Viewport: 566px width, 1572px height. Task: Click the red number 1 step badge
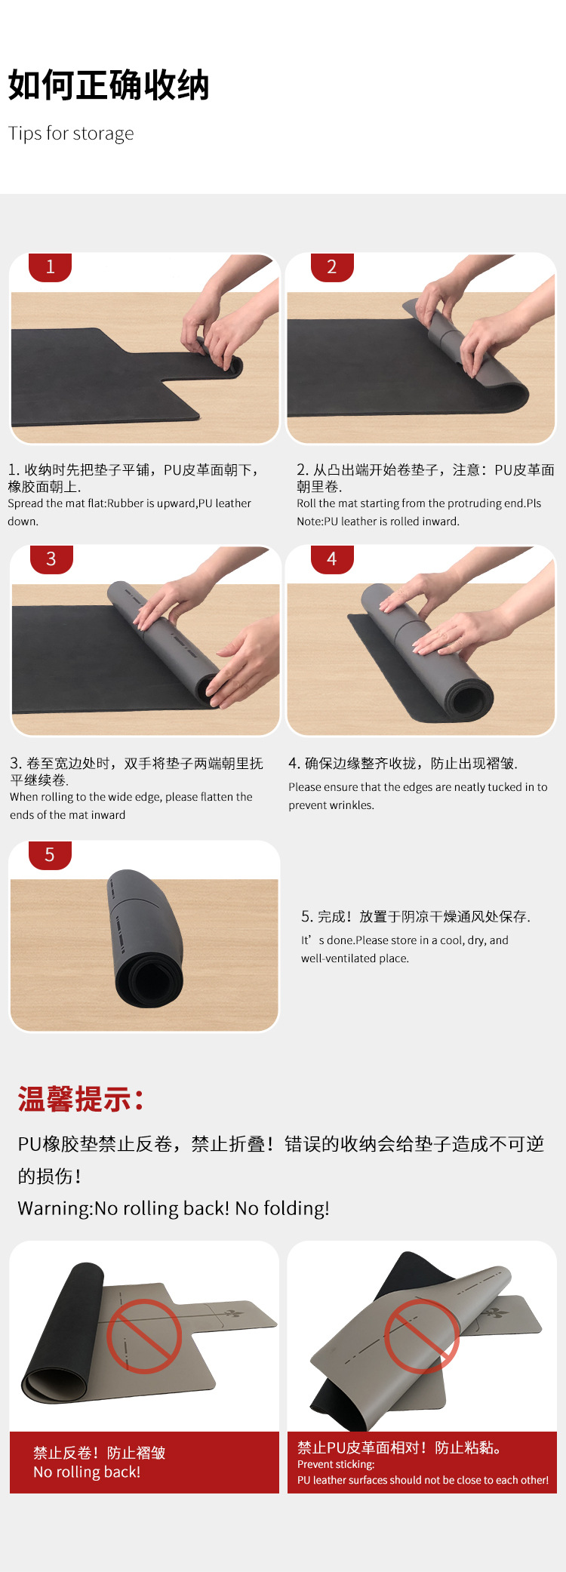click(50, 267)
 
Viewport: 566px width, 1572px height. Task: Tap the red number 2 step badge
click(332, 267)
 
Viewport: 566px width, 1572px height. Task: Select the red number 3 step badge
click(51, 559)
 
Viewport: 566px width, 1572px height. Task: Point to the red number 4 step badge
click(332, 559)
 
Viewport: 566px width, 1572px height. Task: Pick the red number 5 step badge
click(50, 855)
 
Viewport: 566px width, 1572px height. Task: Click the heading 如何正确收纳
click(109, 85)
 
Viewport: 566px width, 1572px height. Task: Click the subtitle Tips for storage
click(71, 134)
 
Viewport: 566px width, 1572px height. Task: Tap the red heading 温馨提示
click(81, 1100)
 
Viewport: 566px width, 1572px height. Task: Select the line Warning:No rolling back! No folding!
click(174, 1208)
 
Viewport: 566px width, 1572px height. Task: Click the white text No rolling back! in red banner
click(87, 1472)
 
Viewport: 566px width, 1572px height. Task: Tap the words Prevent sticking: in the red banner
click(336, 1464)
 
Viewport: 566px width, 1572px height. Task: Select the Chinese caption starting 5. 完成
click(416, 917)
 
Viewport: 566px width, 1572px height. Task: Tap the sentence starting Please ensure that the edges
click(418, 796)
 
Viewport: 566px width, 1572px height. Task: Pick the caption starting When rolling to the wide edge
click(131, 806)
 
